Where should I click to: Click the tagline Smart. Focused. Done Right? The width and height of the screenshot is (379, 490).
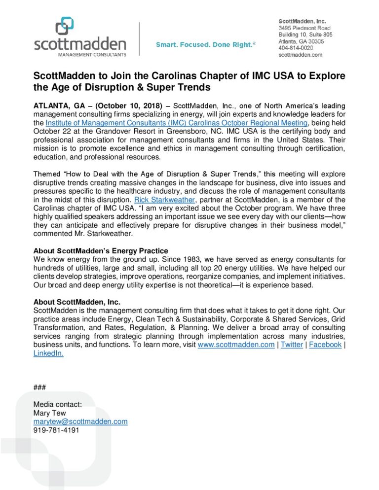[206, 45]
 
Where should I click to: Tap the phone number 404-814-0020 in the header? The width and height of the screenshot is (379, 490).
[296, 48]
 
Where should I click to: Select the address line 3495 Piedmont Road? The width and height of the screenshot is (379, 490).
[304, 29]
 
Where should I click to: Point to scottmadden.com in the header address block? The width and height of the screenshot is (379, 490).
[301, 55]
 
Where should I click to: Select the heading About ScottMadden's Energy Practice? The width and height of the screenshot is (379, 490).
[101, 250]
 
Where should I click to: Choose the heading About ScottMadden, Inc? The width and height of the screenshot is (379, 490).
[77, 302]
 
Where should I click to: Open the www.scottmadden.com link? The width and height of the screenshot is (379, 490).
[236, 345]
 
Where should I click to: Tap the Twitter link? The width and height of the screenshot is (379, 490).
[292, 345]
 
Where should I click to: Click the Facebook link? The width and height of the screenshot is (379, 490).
[325, 345]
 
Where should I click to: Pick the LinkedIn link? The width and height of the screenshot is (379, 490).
[48, 353]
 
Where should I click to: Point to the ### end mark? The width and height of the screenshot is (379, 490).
[39, 387]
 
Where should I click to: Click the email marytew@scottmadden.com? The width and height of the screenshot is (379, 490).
[80, 421]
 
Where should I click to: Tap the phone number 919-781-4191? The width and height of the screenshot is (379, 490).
[56, 430]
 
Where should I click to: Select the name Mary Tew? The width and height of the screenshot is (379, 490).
[48, 413]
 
